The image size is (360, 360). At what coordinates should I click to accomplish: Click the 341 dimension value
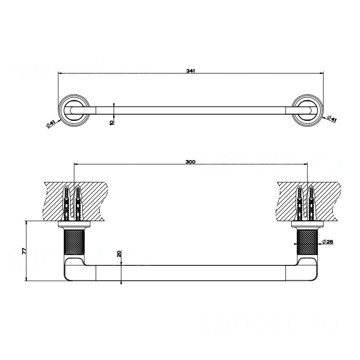191,71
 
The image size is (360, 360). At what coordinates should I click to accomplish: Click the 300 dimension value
190,162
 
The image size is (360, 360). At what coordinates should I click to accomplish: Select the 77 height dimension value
24,251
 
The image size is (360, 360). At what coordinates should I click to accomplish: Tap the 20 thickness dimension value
119,254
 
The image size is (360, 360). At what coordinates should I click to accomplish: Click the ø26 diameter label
328,242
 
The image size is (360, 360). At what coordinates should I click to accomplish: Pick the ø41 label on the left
50,124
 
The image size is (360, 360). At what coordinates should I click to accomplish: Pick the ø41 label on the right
332,119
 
